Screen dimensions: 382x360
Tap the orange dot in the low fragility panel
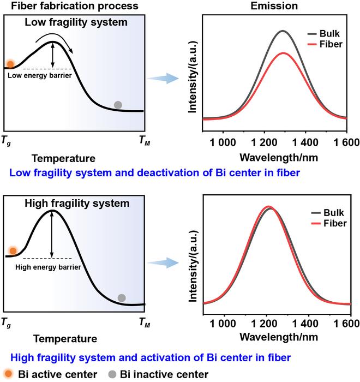[9, 64]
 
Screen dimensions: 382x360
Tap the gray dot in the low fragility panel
[117, 105]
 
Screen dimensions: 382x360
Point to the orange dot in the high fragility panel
[13, 251]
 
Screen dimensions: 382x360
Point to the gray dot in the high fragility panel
[122, 298]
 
